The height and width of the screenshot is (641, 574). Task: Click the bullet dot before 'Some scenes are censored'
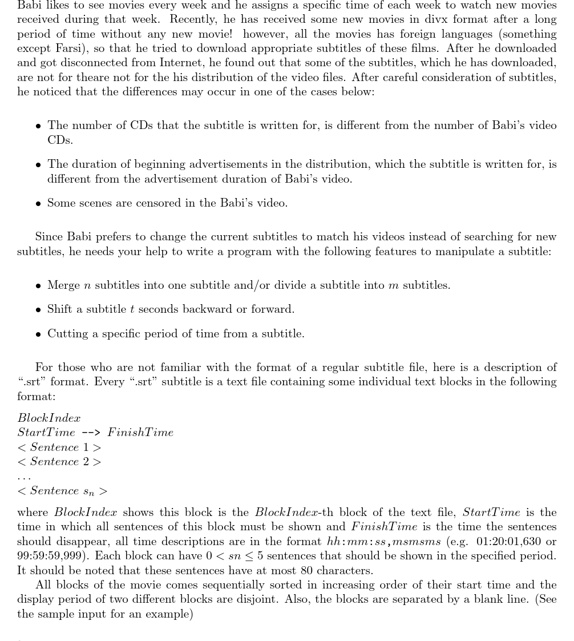[38, 204]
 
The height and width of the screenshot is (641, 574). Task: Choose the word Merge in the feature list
[64, 285]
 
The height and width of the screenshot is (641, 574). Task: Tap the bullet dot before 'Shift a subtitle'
[38, 310]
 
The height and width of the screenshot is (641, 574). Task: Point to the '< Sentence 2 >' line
[59, 462]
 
